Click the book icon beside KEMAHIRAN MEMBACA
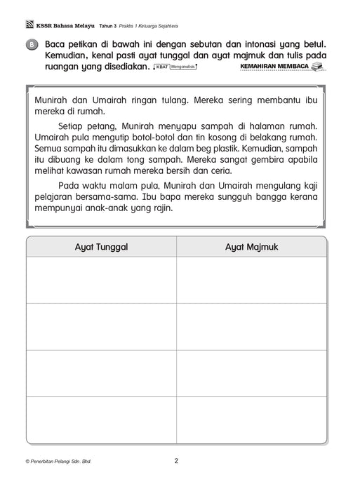point(319,66)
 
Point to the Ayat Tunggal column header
point(102,248)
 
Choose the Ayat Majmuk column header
point(251,248)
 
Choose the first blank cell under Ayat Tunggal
point(102,280)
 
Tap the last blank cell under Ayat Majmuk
point(251,419)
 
